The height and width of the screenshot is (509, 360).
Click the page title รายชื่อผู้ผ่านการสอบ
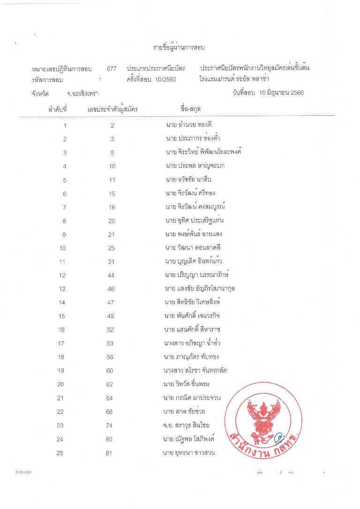(x=180, y=48)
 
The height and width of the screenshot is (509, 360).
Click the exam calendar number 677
(x=112, y=68)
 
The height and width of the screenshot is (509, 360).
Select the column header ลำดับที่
(x=58, y=110)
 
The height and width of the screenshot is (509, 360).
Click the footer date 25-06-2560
(x=23, y=472)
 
